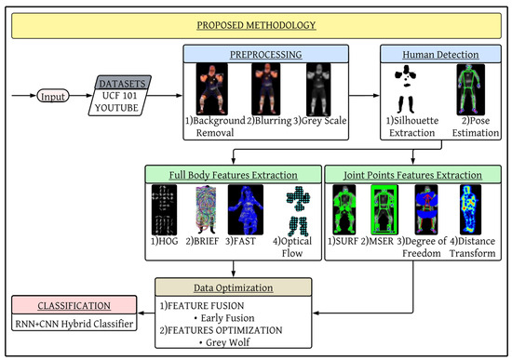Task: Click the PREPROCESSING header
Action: tap(255, 54)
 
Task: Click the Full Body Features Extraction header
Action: tap(233, 174)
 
